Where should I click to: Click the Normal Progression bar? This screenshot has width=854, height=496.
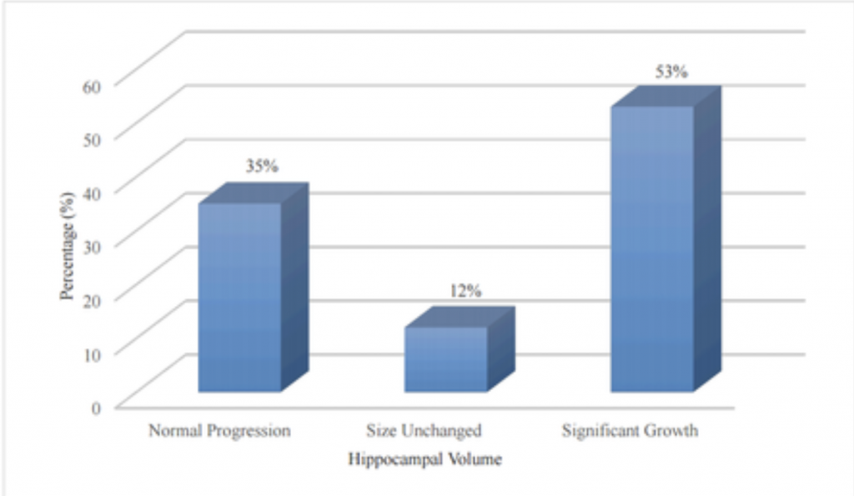239,298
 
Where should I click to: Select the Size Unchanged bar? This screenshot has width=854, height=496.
445,358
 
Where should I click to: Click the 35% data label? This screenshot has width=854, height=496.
261,166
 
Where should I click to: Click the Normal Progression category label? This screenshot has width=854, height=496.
219,431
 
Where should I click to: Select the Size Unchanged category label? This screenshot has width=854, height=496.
424,431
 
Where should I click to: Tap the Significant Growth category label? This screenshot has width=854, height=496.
630,431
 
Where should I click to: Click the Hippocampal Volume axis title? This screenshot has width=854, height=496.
425,458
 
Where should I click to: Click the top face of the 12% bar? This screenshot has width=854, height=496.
459,317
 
